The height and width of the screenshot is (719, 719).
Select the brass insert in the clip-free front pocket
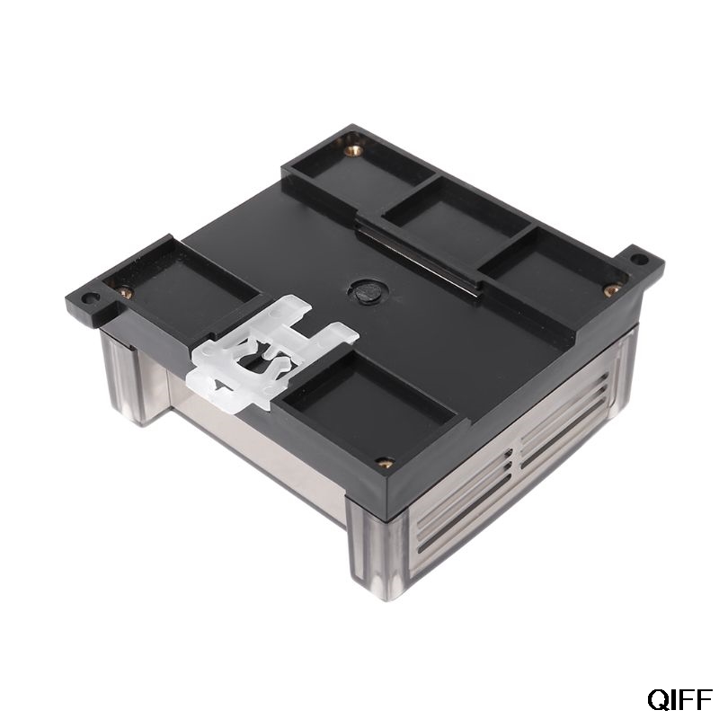click(385, 463)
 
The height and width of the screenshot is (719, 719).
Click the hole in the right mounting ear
click(638, 259)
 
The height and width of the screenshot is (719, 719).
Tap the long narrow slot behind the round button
click(413, 261)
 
